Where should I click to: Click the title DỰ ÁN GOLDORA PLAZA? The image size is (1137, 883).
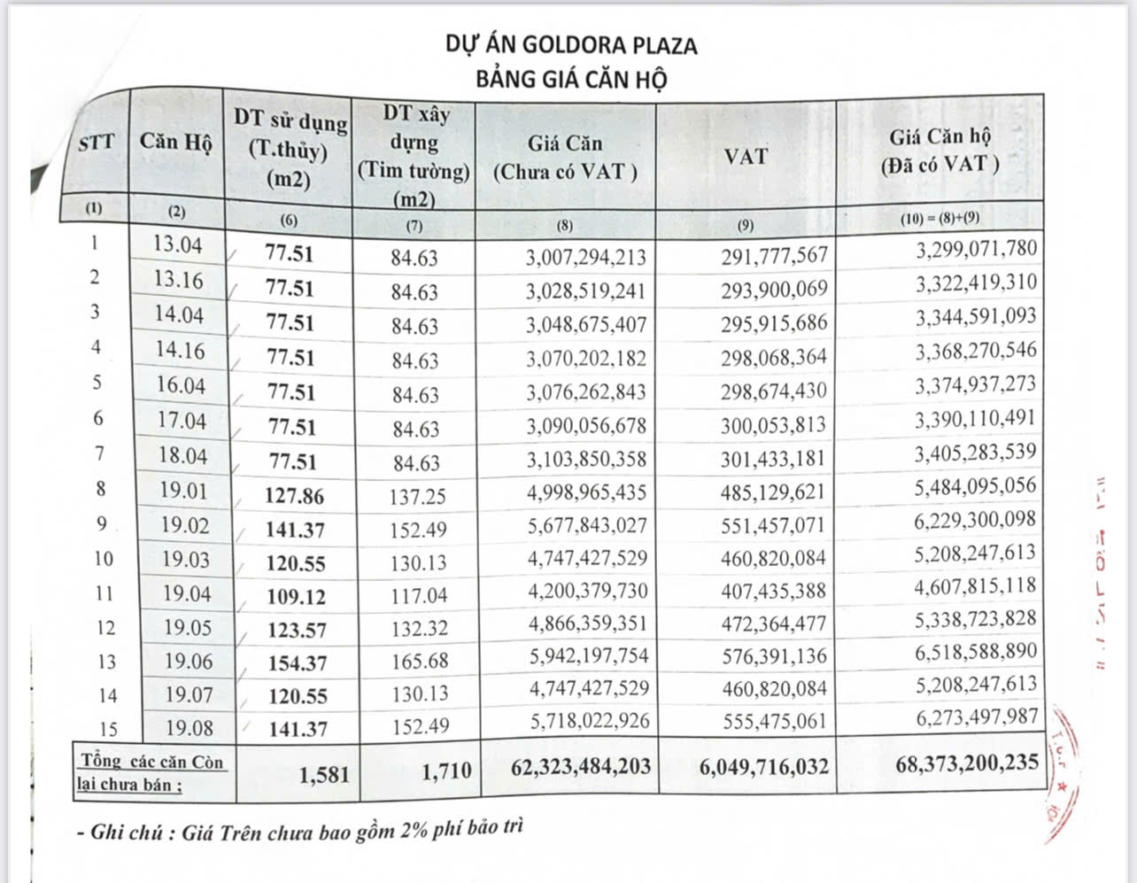pos(571,44)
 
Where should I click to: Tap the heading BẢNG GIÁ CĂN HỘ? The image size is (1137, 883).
pos(571,79)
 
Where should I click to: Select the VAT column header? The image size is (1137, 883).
pos(746,157)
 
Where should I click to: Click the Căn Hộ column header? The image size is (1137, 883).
pos(175,142)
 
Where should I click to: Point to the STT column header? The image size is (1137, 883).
pos(96,142)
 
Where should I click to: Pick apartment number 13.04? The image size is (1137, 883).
pos(178,244)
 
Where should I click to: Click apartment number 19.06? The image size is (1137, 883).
pos(188,661)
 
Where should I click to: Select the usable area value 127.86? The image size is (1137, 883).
pos(294,496)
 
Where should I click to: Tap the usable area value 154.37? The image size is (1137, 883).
pos(297,663)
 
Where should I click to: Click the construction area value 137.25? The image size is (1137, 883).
pos(416,496)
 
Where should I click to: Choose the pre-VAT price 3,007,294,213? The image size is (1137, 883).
pos(585,258)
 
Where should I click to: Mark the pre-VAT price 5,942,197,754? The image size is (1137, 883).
pos(588,655)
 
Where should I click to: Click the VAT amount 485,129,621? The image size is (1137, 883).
pos(772,492)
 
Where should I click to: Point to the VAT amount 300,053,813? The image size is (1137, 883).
pos(772,425)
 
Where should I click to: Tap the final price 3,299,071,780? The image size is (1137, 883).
pos(976,248)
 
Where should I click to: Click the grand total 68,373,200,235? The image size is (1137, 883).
pos(967,763)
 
